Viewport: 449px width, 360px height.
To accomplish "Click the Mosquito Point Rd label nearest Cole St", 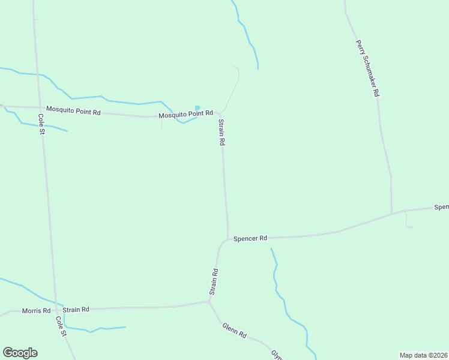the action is click(x=73, y=110).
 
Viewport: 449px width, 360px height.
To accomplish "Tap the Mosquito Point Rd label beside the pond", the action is click(x=185, y=113).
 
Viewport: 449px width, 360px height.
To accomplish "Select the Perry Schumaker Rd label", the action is click(x=367, y=68).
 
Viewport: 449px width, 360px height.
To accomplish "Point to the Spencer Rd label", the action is click(x=250, y=238).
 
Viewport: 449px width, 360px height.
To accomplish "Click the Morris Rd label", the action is click(x=36, y=310).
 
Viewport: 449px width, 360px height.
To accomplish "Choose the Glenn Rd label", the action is click(x=235, y=330).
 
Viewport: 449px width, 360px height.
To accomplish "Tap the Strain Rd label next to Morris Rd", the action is click(x=76, y=310).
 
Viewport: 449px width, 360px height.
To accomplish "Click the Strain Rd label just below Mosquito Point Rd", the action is click(x=221, y=133).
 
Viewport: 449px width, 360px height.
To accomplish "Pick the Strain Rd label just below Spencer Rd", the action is click(x=214, y=281).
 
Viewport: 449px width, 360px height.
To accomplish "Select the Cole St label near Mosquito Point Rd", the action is click(x=41, y=124).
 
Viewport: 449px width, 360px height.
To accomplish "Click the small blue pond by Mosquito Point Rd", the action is click(x=197, y=107).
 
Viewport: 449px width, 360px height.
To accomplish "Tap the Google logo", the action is click(x=20, y=353).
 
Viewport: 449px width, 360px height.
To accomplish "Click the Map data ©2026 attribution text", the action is click(x=423, y=355).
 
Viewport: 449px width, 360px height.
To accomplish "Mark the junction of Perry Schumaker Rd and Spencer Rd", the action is click(x=392, y=213).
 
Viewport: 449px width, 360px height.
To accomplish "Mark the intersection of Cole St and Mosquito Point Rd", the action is click(x=37, y=108).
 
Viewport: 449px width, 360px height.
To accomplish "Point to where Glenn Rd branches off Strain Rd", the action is click(x=209, y=302).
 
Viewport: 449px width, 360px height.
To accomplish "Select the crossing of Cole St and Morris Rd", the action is click(x=56, y=310).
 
